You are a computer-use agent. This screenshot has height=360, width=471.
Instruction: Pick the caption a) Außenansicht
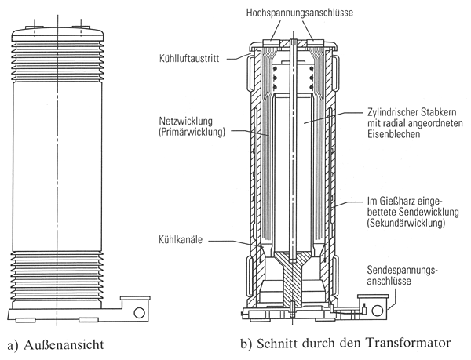[x=56, y=344]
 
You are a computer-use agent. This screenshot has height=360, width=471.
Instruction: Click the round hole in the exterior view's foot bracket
[x=138, y=311]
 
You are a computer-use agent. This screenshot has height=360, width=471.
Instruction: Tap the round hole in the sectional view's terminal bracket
[x=382, y=308]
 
